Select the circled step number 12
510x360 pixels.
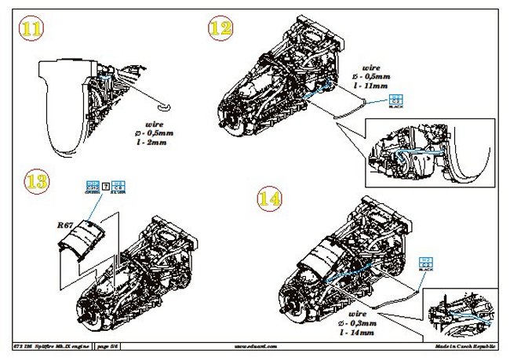point(220,29)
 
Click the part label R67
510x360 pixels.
point(66,225)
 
